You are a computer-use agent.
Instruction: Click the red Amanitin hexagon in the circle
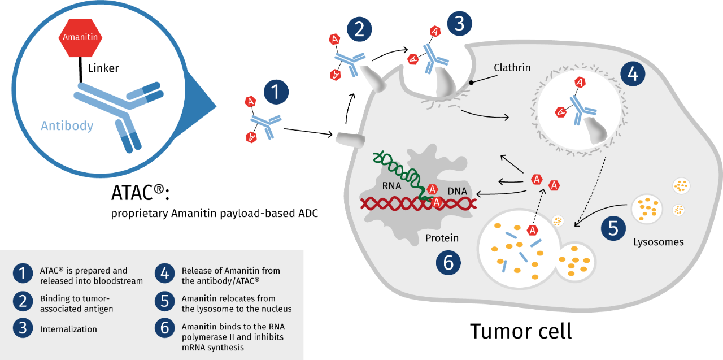tap(81, 38)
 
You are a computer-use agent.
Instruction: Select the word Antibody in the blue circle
tap(67, 125)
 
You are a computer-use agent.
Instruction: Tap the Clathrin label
tap(512, 68)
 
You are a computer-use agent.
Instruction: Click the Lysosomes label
tap(658, 242)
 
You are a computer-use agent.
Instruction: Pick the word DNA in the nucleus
tap(457, 192)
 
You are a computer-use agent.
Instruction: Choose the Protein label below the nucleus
tap(441, 238)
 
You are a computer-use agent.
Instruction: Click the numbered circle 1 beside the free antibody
tap(276, 93)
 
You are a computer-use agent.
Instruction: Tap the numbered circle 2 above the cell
tap(359, 29)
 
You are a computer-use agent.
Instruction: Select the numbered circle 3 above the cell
tap(459, 24)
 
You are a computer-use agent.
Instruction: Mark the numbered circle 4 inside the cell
tap(633, 75)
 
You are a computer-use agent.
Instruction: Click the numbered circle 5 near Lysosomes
tap(613, 228)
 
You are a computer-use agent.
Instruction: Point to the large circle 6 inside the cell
tap(448, 263)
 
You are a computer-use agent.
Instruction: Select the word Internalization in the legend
tap(68, 329)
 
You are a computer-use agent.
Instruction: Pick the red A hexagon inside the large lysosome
tap(532, 230)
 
